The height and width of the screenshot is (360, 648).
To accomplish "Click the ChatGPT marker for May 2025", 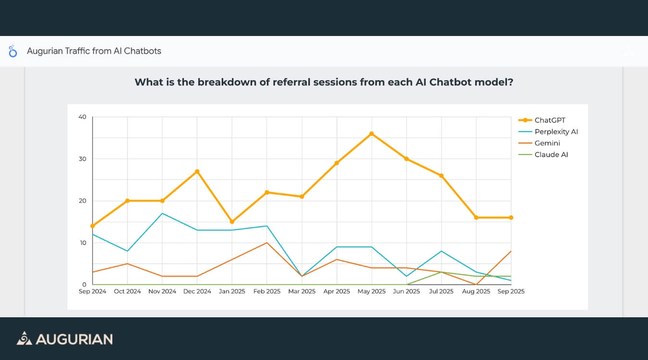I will tap(372, 133).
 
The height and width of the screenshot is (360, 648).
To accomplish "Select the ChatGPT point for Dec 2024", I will tap(197, 171).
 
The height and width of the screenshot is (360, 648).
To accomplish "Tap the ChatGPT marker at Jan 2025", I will tap(232, 222).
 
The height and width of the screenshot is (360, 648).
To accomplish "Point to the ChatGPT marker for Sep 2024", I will tap(93, 226).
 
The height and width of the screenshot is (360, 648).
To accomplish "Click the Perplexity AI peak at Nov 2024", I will tap(162, 213).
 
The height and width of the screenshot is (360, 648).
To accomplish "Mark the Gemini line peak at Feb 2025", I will tap(267, 243).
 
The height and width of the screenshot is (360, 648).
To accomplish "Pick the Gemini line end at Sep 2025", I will tap(511, 251).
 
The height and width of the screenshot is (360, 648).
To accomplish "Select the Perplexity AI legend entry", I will tap(556, 132).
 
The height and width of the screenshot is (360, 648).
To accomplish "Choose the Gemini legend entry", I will tap(547, 143).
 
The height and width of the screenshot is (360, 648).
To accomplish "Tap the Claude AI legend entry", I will tap(551, 155).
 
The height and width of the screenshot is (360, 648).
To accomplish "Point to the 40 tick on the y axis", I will tap(82, 117).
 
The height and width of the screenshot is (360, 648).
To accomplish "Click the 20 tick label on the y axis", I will tap(82, 201).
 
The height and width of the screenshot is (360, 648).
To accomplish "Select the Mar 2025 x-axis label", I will tap(302, 291).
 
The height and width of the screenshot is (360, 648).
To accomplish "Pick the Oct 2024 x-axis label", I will tap(127, 291).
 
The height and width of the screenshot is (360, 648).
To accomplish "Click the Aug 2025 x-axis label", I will tap(476, 291).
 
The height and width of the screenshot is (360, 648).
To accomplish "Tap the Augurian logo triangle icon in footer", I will tap(24, 338).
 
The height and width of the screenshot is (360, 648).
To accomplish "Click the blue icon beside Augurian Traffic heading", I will tap(13, 51).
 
